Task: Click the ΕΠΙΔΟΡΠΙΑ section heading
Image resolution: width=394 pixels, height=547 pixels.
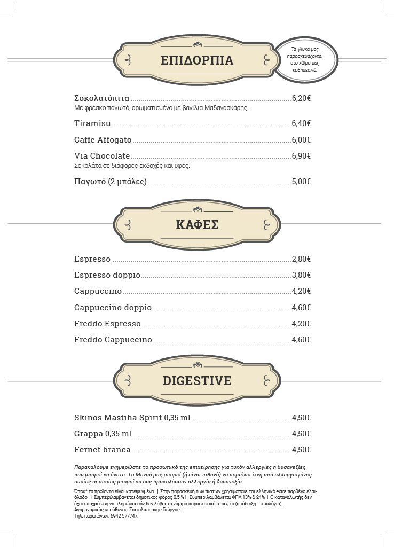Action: (197, 60)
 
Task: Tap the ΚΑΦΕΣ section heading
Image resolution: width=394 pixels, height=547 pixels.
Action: (197, 225)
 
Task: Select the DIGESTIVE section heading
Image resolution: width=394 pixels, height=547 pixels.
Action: (197, 381)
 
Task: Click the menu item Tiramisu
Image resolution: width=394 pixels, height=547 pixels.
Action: (93, 123)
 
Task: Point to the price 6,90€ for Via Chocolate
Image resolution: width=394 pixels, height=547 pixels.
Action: (301, 156)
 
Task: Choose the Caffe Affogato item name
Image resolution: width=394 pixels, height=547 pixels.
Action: (103, 140)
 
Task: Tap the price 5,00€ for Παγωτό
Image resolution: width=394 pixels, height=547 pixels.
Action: (301, 182)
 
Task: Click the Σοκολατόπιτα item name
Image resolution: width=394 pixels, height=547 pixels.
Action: (101, 98)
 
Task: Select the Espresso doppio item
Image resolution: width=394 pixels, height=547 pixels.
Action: (107, 275)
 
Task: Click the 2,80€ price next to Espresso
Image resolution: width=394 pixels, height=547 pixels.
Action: (301, 259)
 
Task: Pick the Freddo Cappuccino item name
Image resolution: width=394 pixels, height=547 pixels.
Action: (113, 340)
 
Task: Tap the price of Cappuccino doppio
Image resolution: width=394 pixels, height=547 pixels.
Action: (301, 308)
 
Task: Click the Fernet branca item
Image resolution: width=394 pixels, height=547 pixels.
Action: (103, 450)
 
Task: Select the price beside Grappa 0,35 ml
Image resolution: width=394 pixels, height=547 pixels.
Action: (301, 434)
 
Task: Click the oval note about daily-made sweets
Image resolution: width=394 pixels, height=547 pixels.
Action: (305, 59)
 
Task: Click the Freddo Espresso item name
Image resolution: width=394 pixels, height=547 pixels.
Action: (108, 324)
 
